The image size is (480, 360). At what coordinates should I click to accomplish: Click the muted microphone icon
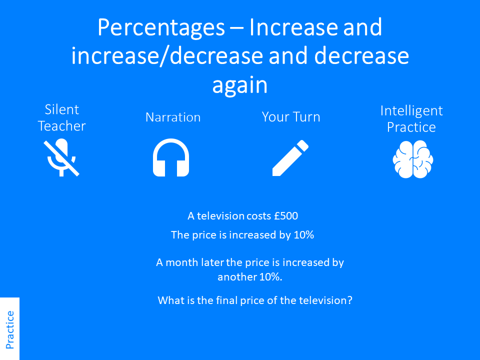[61, 158]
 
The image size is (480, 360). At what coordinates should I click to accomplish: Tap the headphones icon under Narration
[171, 158]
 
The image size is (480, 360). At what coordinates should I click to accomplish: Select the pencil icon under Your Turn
[290, 158]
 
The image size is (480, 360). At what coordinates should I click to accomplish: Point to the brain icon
[412, 159]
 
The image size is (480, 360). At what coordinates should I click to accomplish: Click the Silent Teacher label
[61, 117]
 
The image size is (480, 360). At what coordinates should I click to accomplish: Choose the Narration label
[173, 117]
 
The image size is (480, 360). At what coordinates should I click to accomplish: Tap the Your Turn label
[291, 117]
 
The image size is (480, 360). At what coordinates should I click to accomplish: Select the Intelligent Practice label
[411, 118]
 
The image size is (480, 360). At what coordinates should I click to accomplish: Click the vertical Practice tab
[9, 329]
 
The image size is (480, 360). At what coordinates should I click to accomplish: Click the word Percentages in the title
[160, 27]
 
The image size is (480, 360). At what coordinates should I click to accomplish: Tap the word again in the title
[240, 85]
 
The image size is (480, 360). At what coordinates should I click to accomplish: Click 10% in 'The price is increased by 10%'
[303, 234]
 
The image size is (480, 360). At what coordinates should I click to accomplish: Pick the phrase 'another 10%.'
[250, 277]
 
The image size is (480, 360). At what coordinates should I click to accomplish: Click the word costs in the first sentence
[259, 216]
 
